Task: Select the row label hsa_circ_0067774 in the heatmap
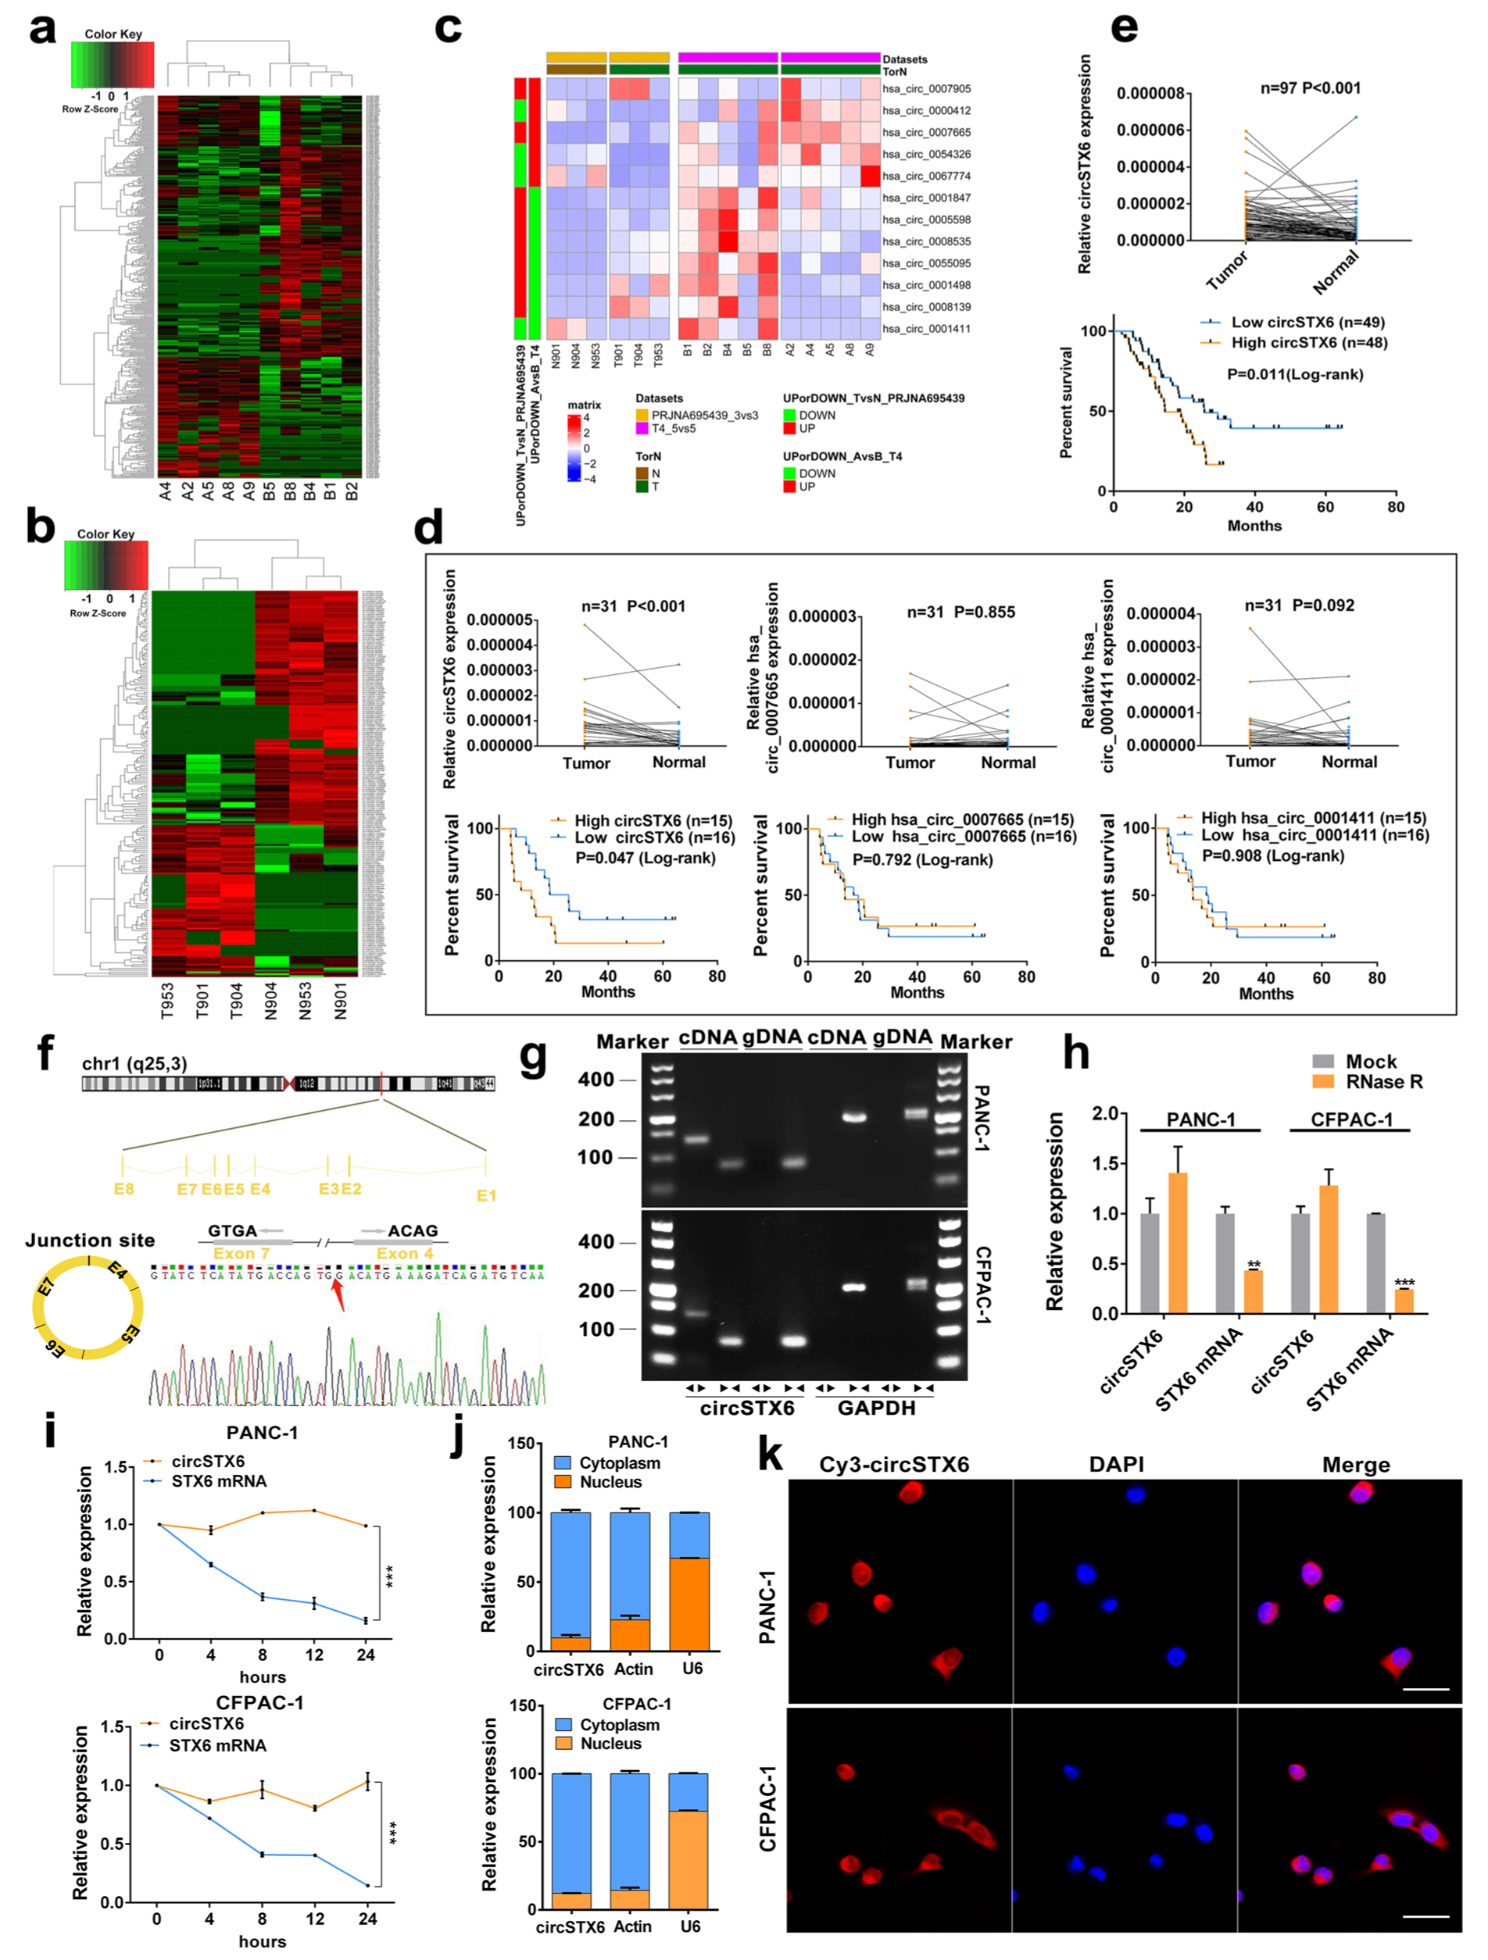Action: pos(926,177)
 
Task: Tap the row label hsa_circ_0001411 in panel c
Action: pos(926,329)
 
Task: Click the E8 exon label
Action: pos(124,1189)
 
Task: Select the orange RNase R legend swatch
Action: pos(1322,1082)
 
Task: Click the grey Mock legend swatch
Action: pos(1322,1062)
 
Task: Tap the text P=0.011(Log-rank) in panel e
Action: pos(1295,374)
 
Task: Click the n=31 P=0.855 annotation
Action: pos(960,612)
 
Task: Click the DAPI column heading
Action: pos(1116,1465)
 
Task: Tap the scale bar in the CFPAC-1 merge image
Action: pos(1426,1916)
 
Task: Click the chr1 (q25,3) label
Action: pos(134,1063)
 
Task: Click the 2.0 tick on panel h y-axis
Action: pos(1104,1114)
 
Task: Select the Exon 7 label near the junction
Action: pos(241,1253)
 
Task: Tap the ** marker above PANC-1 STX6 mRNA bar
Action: pos(1253,1265)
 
